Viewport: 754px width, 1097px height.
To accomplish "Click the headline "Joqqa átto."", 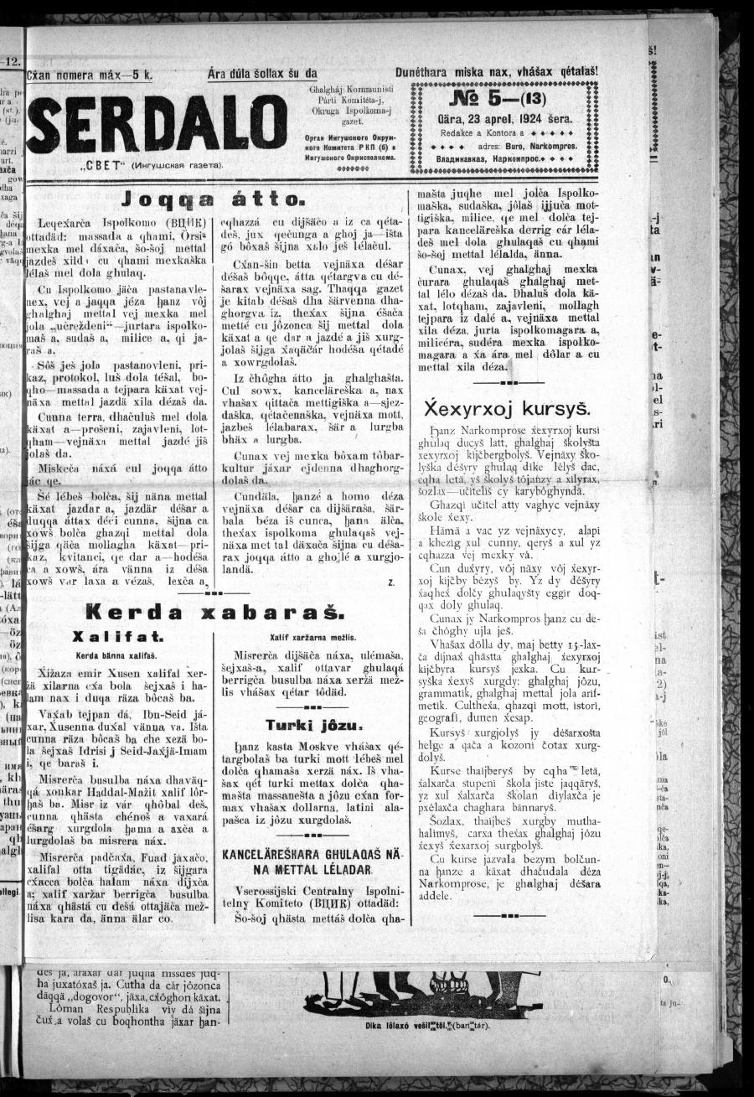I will tap(214, 199).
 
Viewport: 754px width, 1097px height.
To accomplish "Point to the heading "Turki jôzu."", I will tap(312, 725).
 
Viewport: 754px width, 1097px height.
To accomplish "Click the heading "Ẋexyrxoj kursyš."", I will tap(508, 409).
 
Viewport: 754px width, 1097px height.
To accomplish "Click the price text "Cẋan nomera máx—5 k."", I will tap(89, 75).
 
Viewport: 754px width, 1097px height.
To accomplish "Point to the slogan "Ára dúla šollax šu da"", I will tap(262, 74).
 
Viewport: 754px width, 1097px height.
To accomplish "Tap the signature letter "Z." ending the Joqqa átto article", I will tap(390, 580).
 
